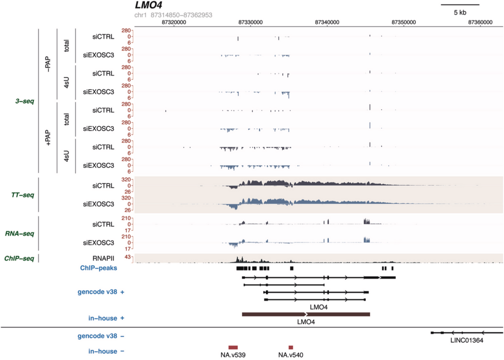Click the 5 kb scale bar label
point(460,13)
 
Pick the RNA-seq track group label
point(21,234)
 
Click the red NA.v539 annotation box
point(233,347)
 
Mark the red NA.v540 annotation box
point(291,347)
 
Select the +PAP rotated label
point(48,138)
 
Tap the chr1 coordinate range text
point(173,15)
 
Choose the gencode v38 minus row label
point(101,336)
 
